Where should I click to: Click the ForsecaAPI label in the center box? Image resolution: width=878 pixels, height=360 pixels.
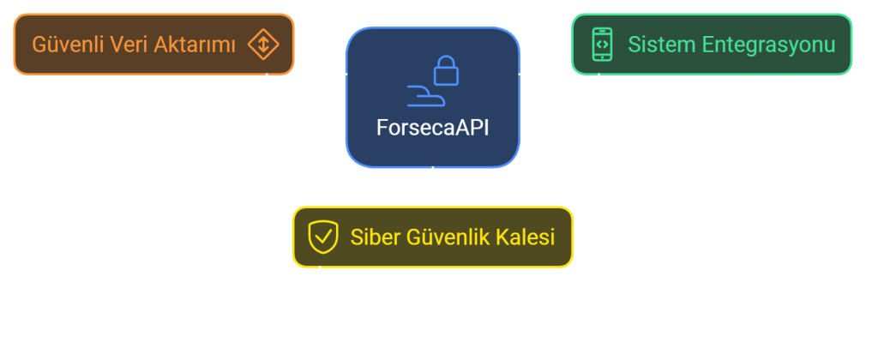tap(433, 127)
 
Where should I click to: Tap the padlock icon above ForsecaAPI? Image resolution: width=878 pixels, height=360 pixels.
tap(445, 71)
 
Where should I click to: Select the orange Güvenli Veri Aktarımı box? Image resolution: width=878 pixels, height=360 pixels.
tap(153, 44)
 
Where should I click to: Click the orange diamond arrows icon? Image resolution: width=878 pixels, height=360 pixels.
tap(262, 44)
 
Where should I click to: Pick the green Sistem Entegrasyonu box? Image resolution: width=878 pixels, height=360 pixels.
tap(712, 43)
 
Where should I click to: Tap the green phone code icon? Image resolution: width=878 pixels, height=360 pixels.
tap(602, 44)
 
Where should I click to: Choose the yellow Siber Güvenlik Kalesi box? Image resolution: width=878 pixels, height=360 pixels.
tap(432, 237)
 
